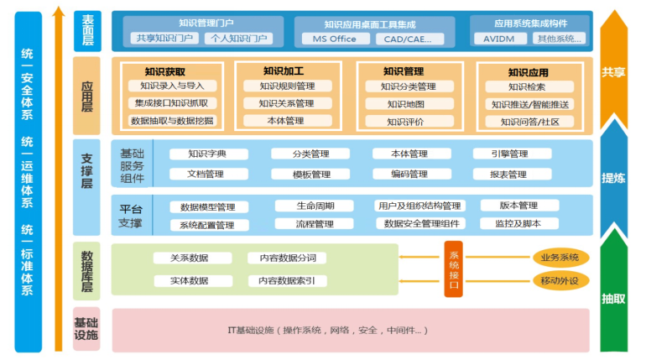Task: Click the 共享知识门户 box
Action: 163,39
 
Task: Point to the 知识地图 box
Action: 406,104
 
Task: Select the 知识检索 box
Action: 527,86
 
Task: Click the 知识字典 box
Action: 207,154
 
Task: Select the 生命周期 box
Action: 315,206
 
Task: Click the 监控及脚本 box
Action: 518,224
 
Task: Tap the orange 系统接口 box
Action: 454,269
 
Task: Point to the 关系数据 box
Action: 189,258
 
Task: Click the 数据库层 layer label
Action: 86,269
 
